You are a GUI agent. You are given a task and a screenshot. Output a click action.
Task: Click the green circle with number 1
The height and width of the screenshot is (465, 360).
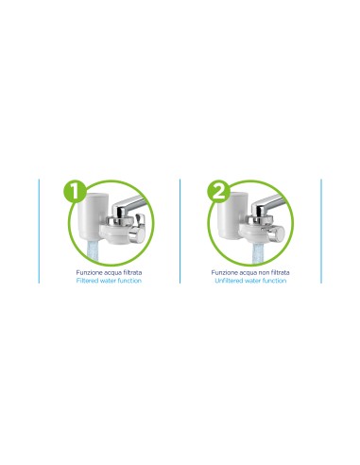click(x=75, y=191)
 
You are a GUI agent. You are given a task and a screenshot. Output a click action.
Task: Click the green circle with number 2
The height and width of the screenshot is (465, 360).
click(x=218, y=191)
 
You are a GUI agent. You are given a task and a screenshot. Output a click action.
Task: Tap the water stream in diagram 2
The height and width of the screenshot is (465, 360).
click(x=260, y=253)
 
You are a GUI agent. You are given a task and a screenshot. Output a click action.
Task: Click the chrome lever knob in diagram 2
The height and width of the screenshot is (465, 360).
click(x=276, y=233)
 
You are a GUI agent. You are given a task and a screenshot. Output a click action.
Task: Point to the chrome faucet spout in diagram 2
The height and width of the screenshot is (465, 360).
click(x=268, y=204)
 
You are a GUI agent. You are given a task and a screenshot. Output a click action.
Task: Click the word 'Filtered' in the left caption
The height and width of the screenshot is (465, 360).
click(x=87, y=281)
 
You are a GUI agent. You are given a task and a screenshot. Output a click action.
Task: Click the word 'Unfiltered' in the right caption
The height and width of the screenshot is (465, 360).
click(x=229, y=281)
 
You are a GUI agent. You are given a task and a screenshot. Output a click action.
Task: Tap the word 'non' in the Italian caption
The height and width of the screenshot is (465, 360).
click(x=263, y=272)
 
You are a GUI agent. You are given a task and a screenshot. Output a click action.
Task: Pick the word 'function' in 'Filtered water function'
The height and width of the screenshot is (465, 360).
click(x=129, y=281)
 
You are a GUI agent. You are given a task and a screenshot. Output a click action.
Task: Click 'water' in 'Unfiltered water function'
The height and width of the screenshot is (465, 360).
click(x=252, y=281)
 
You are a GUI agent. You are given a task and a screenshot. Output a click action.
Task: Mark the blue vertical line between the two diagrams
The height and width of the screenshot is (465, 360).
click(x=180, y=231)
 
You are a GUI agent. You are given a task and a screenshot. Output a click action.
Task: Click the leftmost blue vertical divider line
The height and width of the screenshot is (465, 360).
click(x=39, y=231)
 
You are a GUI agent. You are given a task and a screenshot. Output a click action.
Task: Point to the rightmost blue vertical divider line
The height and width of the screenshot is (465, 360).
click(x=321, y=231)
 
